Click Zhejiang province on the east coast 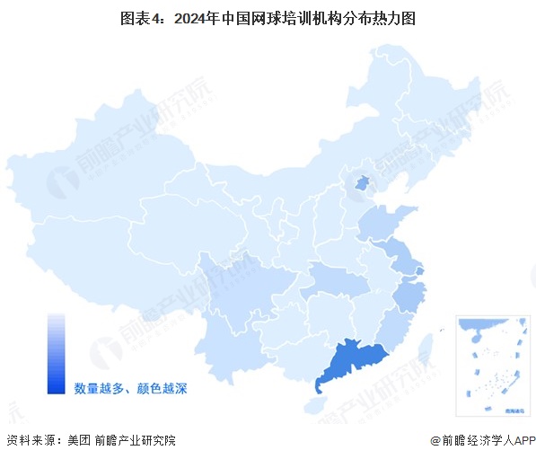click(411, 292)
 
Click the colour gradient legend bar click(57, 353)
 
